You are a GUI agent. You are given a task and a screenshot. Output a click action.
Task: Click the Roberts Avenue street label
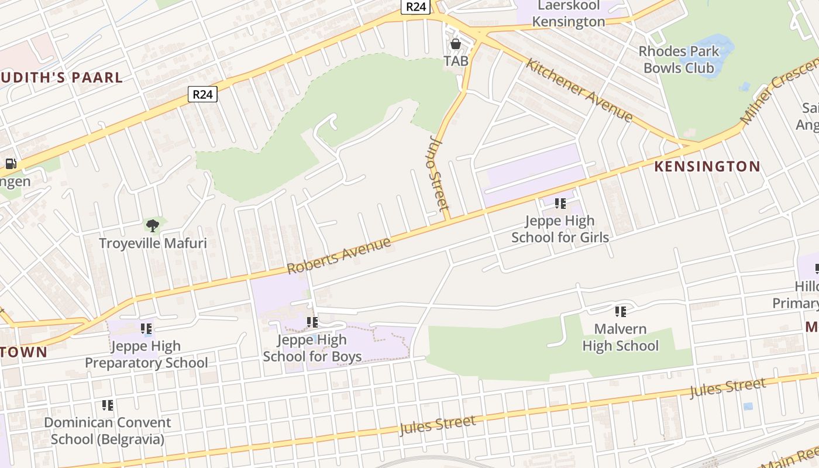point(339,256)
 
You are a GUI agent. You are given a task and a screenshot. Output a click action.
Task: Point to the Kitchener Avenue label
point(579,90)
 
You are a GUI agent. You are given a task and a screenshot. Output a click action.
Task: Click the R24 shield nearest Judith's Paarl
point(202,94)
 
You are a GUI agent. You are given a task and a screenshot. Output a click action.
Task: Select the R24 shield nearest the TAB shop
point(416,7)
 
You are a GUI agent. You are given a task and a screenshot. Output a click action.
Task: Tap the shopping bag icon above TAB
point(456,44)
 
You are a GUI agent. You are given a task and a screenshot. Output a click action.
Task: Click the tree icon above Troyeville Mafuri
point(153,225)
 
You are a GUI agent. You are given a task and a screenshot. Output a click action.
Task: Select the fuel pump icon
point(11,164)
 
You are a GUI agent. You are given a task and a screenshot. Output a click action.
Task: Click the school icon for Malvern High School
point(621,312)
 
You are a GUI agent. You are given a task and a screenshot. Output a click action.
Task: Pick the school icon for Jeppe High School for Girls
point(560,204)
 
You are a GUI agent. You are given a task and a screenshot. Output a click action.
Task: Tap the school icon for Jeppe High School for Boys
point(312,322)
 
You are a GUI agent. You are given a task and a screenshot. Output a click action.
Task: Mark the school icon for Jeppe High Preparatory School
point(146,329)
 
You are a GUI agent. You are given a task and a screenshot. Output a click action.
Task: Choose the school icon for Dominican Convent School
point(108,405)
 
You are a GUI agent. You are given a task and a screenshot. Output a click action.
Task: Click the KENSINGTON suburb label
point(707,167)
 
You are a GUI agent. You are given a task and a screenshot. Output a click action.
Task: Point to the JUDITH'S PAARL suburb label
point(61,78)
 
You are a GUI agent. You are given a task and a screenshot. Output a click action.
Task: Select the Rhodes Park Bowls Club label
point(679,60)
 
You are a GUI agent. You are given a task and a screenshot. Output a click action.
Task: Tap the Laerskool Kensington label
point(569,14)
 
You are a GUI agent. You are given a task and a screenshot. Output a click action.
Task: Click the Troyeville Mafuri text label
point(153,243)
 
